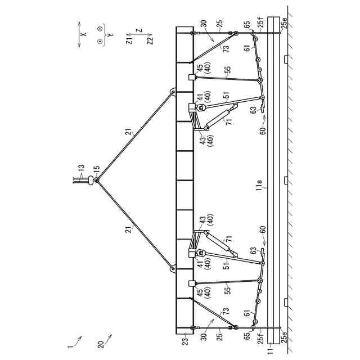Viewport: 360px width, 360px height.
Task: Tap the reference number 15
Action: (97, 168)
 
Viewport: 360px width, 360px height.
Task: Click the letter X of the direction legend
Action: (83, 34)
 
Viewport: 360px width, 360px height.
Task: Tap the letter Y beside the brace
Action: (110, 34)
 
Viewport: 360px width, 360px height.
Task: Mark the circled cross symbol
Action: (100, 28)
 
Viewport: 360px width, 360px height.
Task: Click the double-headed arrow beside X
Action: (79, 34)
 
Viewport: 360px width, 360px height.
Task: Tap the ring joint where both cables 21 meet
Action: (97, 180)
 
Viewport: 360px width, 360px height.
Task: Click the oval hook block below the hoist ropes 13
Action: (89, 180)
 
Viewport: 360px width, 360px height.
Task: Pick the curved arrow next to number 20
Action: (109, 337)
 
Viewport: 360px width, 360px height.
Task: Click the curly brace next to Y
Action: (105, 34)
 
